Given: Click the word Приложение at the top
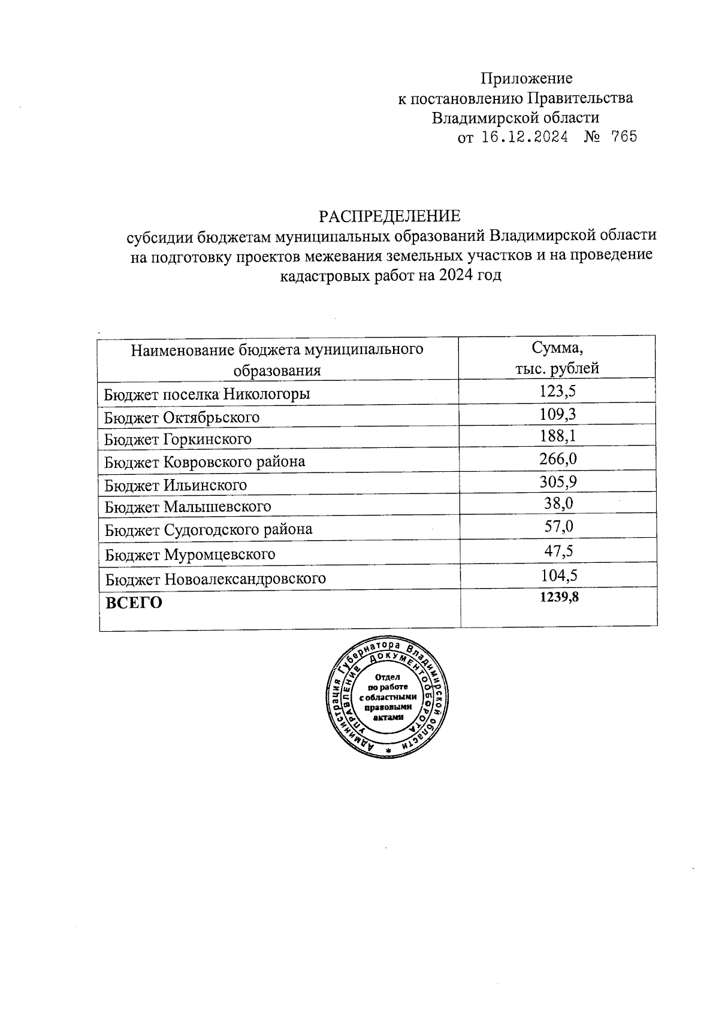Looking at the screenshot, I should coord(527,78).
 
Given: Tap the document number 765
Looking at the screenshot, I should coord(623,137).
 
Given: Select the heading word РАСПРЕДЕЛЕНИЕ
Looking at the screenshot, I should coord(389,216).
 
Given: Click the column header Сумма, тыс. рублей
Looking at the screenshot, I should coord(557,358).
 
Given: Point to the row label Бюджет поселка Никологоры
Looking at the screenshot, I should coord(207,394).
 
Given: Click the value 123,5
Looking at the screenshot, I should coord(557,392).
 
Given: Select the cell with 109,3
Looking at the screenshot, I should coord(557,414).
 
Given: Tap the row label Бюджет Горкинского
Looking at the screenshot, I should coord(178,439).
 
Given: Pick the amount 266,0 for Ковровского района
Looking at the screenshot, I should coord(557,459).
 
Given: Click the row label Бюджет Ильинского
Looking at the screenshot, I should coord(176,484).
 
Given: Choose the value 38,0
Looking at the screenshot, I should coord(558,503).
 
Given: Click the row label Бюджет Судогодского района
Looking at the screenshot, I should coord(209,530).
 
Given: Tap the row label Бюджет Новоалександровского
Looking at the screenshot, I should coord(216,579).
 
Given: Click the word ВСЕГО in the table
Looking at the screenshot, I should coord(134,602).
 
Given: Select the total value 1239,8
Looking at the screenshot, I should coord(558,597).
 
